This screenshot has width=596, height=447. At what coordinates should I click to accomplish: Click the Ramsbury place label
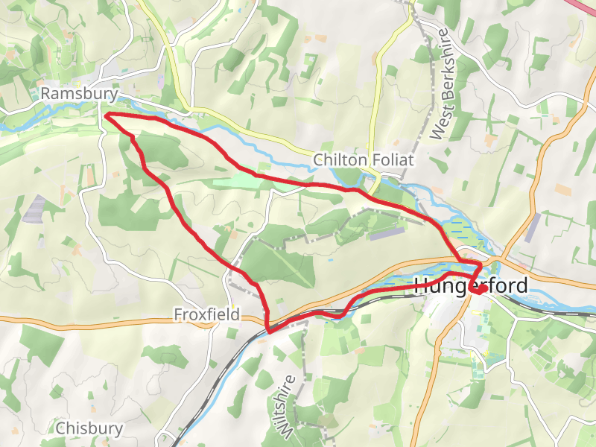pyautogui.click(x=80, y=94)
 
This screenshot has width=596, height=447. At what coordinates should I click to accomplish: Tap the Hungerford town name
pyautogui.click(x=470, y=285)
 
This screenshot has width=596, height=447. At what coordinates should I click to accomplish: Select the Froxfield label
pyautogui.click(x=207, y=314)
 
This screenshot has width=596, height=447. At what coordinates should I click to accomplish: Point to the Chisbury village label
pyautogui.click(x=89, y=428)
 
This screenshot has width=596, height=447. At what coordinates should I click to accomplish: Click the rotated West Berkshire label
pyautogui.click(x=443, y=85)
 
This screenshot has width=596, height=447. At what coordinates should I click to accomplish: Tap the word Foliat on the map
pyautogui.click(x=393, y=160)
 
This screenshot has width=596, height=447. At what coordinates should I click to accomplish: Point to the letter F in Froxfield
pyautogui.click(x=179, y=314)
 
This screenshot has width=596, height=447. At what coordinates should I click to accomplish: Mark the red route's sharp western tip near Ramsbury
pyautogui.click(x=106, y=115)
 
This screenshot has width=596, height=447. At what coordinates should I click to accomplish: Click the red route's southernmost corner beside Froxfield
pyautogui.click(x=267, y=329)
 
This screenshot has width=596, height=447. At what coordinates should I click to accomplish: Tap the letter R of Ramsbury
pyautogui.click(x=46, y=94)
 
